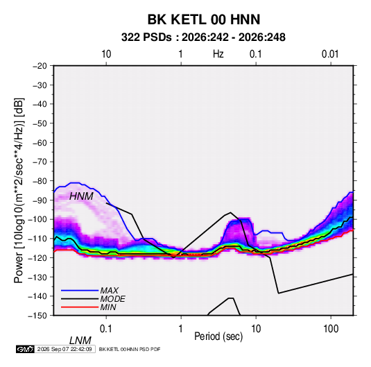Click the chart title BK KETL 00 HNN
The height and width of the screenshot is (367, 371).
click(204, 19)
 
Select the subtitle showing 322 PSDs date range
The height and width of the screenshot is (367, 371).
click(203, 37)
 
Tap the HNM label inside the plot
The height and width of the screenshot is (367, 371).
click(81, 196)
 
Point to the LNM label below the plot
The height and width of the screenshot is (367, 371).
click(80, 341)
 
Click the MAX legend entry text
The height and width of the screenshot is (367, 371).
click(109, 290)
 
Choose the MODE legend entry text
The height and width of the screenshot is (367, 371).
click(112, 299)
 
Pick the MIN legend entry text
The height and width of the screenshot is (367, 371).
click(108, 307)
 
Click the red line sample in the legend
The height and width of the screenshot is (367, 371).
click(80, 307)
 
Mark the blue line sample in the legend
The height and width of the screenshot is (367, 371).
click(80, 290)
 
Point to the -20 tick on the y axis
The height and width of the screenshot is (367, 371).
click(40, 66)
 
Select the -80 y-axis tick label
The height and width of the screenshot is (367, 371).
click(40, 181)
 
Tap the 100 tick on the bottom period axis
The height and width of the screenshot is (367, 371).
click(331, 329)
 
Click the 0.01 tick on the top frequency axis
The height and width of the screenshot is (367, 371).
click(330, 54)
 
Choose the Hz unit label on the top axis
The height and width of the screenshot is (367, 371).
click(218, 54)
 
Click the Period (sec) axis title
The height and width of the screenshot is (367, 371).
click(218, 336)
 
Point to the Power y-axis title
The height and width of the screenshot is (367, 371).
click(19, 191)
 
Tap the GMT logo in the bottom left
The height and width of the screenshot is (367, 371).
click(25, 349)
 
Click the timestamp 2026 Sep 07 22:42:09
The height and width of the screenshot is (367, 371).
click(64, 349)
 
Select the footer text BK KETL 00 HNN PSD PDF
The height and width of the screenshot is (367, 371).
click(130, 349)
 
